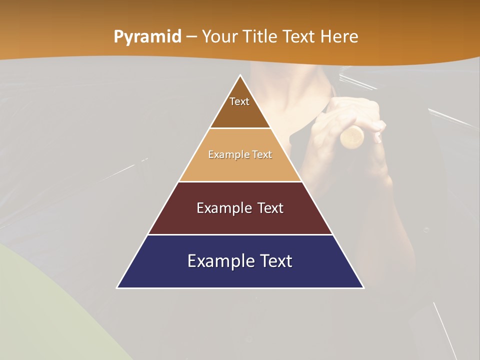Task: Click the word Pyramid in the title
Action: (147, 37)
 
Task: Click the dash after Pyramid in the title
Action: (191, 37)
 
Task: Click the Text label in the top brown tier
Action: (239, 101)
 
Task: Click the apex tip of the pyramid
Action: (240, 76)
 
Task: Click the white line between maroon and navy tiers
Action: (240, 234)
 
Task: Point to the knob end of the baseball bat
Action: (353, 136)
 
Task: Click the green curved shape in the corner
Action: (45, 310)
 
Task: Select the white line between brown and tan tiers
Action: (240, 128)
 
